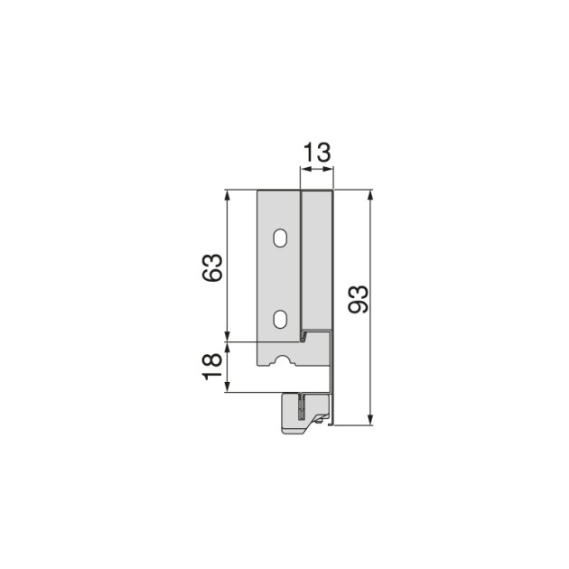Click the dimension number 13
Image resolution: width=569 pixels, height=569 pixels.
(316, 152)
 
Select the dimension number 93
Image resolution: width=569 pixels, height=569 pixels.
(357, 300)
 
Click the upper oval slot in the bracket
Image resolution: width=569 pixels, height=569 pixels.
(281, 239)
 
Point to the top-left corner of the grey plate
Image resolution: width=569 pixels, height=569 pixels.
(259, 191)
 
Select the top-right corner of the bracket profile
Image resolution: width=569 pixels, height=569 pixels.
(334, 191)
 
